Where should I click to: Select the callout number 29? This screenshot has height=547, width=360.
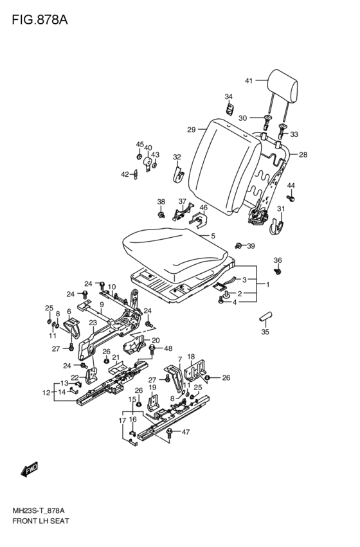pos(191,130)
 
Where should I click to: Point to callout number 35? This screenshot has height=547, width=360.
pos(265,332)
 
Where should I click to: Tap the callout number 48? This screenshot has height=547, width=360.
pos(168,348)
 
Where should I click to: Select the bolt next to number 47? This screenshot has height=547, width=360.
pos(170,433)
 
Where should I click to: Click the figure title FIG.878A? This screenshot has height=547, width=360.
pos(40,20)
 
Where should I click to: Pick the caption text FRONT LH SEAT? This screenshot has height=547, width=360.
pos(40,521)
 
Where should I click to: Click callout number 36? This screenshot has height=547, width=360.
pos(278,260)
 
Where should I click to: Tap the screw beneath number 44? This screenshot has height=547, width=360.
pos(291,198)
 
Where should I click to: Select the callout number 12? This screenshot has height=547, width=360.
pos(46,393)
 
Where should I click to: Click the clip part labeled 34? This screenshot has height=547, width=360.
pos(229,109)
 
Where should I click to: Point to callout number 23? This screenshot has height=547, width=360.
pos(93,323)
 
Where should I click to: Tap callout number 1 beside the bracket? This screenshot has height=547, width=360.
pos(268,284)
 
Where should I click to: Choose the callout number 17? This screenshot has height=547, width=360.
pos(122,421)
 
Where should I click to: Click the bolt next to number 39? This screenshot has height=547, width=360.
pos(239,246)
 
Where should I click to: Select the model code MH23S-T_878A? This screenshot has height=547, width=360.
pos(39,511)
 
